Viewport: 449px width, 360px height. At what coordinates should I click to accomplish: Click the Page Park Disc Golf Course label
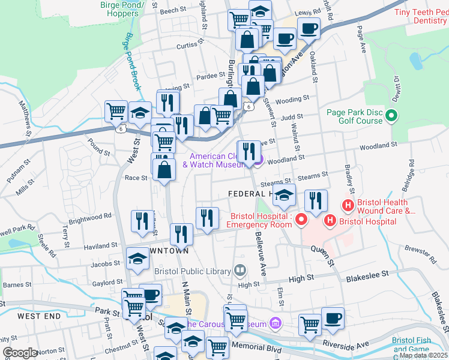[354, 116]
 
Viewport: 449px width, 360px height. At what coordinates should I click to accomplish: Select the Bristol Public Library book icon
[240, 271]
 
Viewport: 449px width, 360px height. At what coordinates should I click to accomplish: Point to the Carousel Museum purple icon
[275, 324]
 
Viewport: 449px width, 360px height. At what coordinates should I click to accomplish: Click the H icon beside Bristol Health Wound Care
[347, 206]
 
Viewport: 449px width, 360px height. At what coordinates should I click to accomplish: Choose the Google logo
[19, 353]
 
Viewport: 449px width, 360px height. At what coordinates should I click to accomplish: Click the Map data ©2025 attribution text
[424, 355]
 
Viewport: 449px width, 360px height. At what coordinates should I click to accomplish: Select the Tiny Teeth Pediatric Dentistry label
[421, 16]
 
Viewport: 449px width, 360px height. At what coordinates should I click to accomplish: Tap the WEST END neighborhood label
[39, 316]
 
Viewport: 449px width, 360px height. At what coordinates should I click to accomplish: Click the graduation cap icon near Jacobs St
[137, 259]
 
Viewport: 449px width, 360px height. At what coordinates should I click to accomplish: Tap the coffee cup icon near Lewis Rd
[309, 28]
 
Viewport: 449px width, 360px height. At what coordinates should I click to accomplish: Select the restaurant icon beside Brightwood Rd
[142, 220]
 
